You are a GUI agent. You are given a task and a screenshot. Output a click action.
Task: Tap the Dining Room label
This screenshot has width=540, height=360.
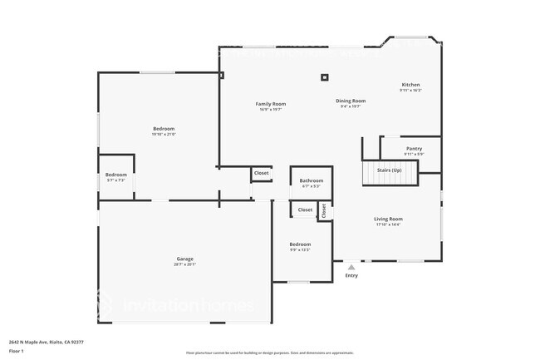[x=351, y=101]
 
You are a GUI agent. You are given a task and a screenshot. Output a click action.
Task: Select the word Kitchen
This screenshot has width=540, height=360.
[x=410, y=85]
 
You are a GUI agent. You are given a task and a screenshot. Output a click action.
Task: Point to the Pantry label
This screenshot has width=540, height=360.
[x=414, y=149]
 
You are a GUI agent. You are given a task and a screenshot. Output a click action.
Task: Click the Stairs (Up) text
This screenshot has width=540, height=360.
[x=390, y=170]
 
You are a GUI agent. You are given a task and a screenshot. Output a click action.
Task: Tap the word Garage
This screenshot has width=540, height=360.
[x=184, y=259]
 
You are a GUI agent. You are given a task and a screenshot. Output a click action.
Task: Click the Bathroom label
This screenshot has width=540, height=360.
[x=312, y=180]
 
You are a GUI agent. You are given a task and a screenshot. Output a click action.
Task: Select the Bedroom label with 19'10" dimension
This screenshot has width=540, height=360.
[x=164, y=129]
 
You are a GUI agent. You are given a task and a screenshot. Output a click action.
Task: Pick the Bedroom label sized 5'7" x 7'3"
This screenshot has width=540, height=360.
[x=116, y=175]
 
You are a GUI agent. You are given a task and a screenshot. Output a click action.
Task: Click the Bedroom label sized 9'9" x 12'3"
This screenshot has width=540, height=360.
[x=300, y=244]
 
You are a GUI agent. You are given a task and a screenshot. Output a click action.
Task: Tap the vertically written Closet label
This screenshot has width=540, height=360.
[x=324, y=210]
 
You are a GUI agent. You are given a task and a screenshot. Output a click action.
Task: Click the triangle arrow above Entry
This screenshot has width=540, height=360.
[x=351, y=267]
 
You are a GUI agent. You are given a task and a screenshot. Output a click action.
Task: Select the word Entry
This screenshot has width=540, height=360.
[x=351, y=276]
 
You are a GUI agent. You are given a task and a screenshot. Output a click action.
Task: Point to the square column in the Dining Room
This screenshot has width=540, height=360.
[x=325, y=79]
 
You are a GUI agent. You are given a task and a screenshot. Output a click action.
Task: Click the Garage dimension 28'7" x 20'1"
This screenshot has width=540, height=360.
[x=184, y=264]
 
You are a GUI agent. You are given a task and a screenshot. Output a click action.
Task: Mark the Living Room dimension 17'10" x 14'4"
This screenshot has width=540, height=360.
[x=388, y=224]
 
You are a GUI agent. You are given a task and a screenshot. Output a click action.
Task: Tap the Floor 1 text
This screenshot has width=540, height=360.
[x=17, y=349]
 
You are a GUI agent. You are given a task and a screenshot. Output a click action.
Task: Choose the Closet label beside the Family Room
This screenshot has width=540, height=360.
[x=261, y=173]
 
